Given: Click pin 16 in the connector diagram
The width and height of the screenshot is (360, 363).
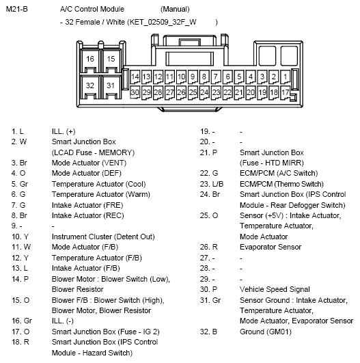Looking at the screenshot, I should point(91,59).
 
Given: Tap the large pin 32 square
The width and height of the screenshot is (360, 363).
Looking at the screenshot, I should point(91,85).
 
